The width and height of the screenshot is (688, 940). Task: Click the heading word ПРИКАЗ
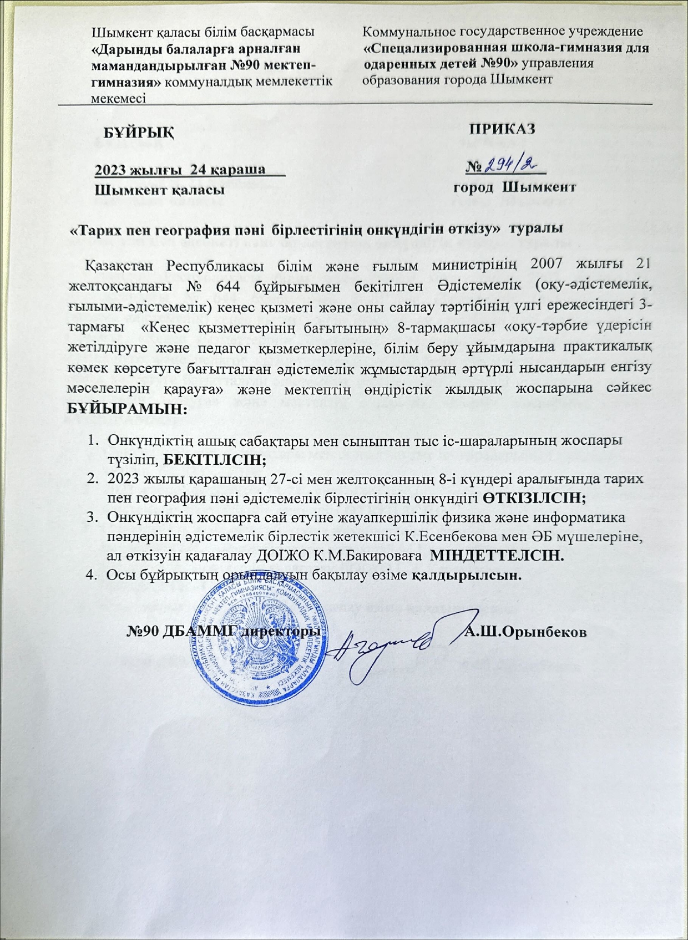click(x=503, y=129)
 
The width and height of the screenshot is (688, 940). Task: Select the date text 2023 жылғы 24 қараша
click(x=180, y=169)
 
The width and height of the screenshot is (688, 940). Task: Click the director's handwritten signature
click(x=388, y=643)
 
